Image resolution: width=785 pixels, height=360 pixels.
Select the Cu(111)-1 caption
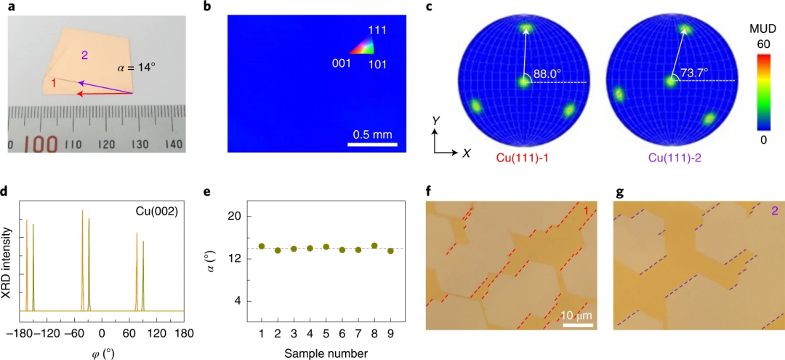522,157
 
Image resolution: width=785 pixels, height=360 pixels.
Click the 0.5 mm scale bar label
372,134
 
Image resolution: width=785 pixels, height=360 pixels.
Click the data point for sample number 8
374,246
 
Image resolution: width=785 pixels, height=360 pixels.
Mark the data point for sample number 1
262,247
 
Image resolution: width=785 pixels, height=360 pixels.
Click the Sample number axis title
326,353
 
